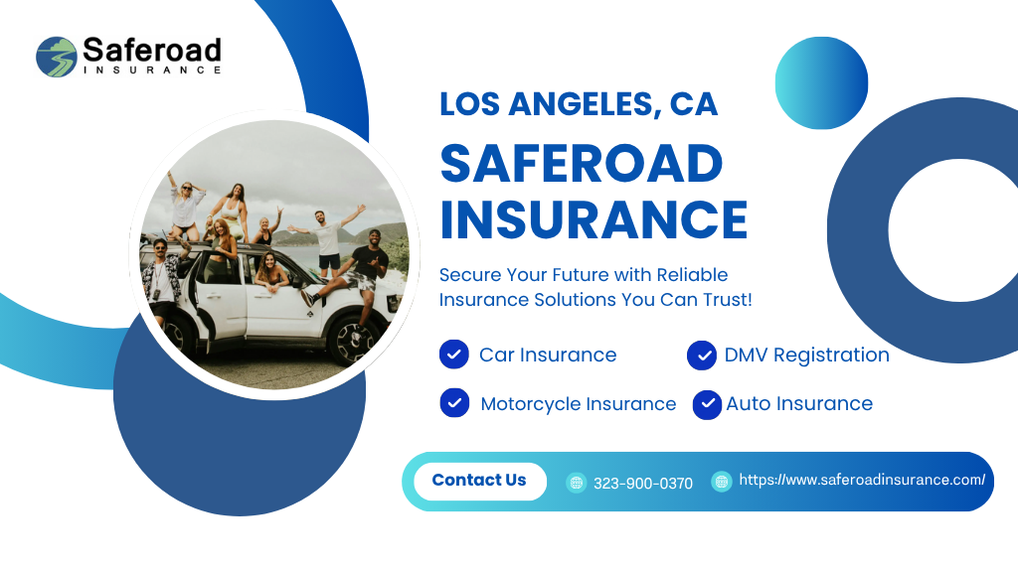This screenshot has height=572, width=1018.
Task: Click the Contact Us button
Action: coord(480,482)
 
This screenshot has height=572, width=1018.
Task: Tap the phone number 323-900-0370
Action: coord(643,484)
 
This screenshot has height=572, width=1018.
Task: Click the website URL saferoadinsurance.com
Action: coord(862,480)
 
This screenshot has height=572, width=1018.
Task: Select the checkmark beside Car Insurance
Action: coord(453,355)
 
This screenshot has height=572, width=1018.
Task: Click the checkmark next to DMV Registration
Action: coord(702,356)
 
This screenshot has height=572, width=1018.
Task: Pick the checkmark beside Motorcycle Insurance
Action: coord(454,403)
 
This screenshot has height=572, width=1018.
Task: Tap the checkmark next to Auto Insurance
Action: coord(707,405)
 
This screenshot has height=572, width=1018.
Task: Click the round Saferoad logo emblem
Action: coord(57,57)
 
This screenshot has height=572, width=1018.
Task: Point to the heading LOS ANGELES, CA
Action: coord(579,103)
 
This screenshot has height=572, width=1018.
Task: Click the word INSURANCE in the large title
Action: coord(594,219)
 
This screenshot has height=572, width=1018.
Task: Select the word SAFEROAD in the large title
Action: coord(581,163)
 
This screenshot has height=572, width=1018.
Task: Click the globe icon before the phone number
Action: coord(576,483)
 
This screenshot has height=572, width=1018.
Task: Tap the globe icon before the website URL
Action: coord(722,482)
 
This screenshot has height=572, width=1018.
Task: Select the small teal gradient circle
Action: coord(821,83)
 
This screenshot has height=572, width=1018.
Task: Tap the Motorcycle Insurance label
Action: coord(578,404)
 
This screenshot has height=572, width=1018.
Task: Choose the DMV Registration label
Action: coord(806,356)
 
